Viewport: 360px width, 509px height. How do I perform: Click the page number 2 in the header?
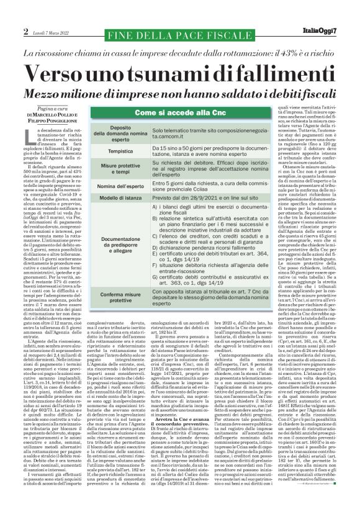26,31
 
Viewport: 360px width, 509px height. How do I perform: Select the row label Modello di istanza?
120,197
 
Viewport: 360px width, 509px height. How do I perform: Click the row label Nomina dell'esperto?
120,186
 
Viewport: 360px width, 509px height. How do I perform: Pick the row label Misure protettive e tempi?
120,168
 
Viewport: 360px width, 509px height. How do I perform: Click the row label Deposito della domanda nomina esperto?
120,132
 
